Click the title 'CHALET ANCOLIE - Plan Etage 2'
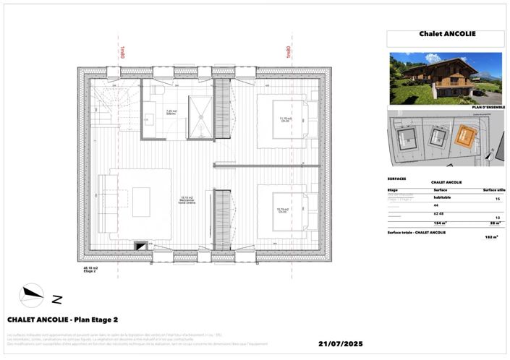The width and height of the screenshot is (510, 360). (62, 319)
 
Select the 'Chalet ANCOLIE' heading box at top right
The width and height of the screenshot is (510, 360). (446, 34)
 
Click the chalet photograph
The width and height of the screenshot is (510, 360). (445, 78)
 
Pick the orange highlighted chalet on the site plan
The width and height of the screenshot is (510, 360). (463, 135)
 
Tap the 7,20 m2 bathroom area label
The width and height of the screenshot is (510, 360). (171, 112)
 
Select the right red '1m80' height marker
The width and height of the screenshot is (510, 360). (288, 52)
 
